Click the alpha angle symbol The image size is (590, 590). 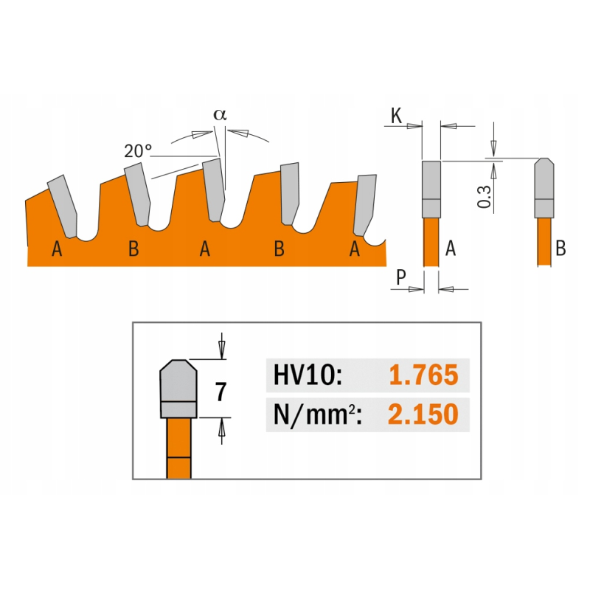click(220, 114)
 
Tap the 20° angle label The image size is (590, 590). click(138, 151)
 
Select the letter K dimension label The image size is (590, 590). click(396, 116)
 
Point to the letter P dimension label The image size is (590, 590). click(401, 278)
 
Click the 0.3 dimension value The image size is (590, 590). click(485, 197)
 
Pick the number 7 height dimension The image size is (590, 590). click(221, 392)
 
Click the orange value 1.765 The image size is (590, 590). click(423, 375)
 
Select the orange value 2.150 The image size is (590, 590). click(423, 414)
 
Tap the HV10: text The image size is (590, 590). click(308, 375)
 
